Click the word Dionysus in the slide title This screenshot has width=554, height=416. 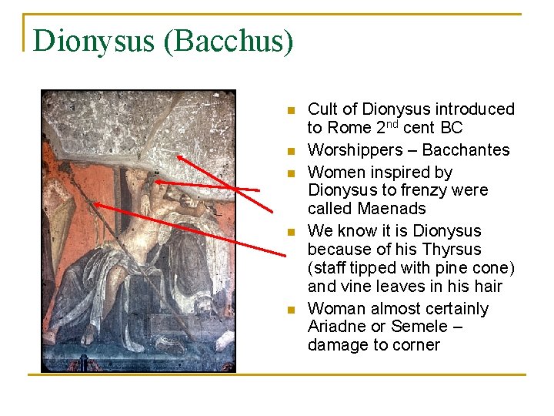(x=93, y=41)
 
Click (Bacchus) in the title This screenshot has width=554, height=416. (x=227, y=41)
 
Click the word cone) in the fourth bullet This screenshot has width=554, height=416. (x=492, y=268)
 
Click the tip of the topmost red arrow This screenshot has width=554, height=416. (x=176, y=155)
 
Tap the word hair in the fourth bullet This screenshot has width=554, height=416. (x=486, y=287)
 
